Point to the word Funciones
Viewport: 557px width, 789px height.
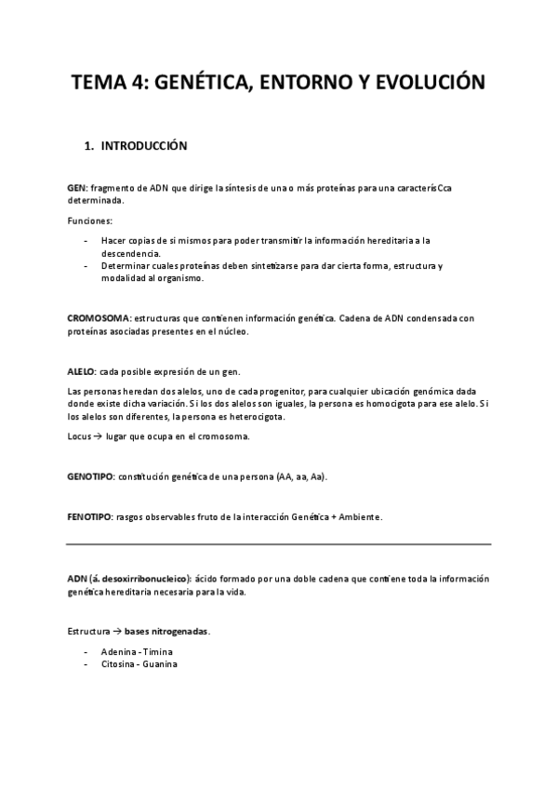(89, 221)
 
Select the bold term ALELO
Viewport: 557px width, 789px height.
(82, 371)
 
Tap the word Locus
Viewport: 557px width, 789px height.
(80, 435)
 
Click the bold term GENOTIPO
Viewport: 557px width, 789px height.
(90, 476)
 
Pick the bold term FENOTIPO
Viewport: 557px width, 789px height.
(89, 516)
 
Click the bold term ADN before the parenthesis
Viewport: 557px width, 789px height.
(77, 578)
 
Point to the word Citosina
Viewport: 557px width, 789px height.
(119, 664)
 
